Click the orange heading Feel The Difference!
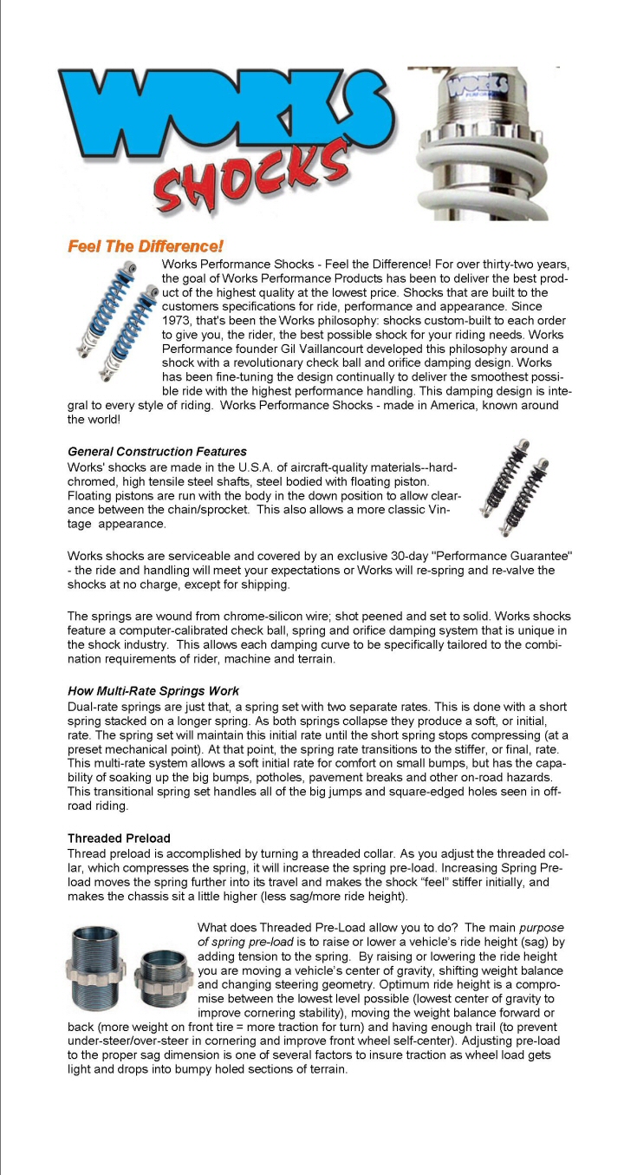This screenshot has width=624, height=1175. tap(146, 247)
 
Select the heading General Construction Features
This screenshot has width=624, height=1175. tap(157, 452)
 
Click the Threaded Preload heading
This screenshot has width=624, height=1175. tap(119, 839)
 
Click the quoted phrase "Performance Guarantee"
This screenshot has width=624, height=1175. tap(472, 554)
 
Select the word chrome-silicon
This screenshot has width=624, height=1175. tap(261, 617)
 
